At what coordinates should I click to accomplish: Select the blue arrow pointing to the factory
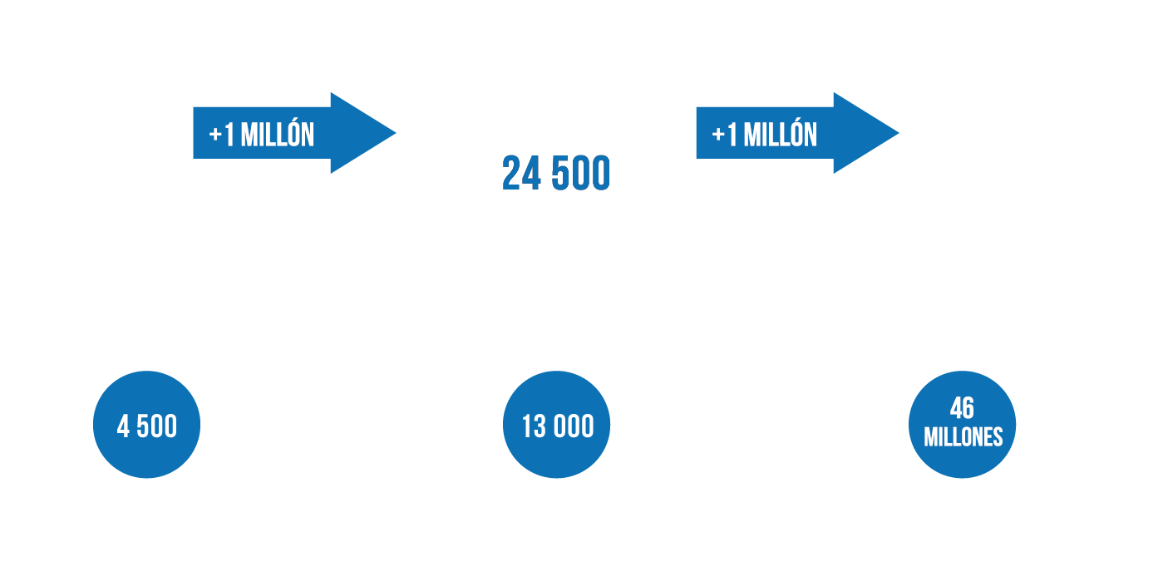coord(291,133)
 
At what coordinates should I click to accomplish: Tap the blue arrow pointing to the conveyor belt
coord(794,133)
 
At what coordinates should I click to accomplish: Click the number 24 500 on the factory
coord(555,174)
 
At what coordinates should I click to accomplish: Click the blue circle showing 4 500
coord(147,426)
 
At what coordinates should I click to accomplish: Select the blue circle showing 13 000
coord(557,426)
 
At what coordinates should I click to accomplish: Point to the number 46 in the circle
coord(962,408)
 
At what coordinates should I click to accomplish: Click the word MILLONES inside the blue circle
coord(963,437)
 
